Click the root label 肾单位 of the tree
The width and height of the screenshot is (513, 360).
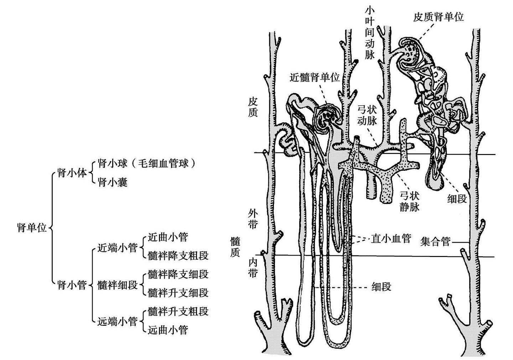tap(32, 228)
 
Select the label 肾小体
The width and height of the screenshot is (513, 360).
tap(72, 173)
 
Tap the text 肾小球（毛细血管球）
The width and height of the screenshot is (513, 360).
tap(147, 164)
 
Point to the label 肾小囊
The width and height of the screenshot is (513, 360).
tap(113, 182)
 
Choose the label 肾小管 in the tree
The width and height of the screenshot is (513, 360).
tap(72, 285)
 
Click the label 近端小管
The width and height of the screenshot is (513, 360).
tap(118, 247)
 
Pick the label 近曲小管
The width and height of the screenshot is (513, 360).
tap(168, 237)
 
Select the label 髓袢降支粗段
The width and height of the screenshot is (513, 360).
tap(178, 256)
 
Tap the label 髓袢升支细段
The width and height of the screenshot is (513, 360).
tap(178, 293)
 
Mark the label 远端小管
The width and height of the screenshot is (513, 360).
tap(118, 322)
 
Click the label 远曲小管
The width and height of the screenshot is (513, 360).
tap(168, 330)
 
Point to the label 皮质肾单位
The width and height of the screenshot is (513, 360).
tap(438, 17)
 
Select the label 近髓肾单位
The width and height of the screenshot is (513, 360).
tap(315, 77)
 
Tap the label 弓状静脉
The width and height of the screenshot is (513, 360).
tap(409, 201)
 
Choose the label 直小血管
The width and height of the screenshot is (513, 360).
tap(391, 238)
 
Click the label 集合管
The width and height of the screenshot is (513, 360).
tap(435, 242)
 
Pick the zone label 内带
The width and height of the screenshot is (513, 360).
tap(253, 268)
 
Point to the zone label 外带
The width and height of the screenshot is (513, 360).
tap(253, 219)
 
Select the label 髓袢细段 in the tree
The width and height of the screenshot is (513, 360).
tap(118, 285)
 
